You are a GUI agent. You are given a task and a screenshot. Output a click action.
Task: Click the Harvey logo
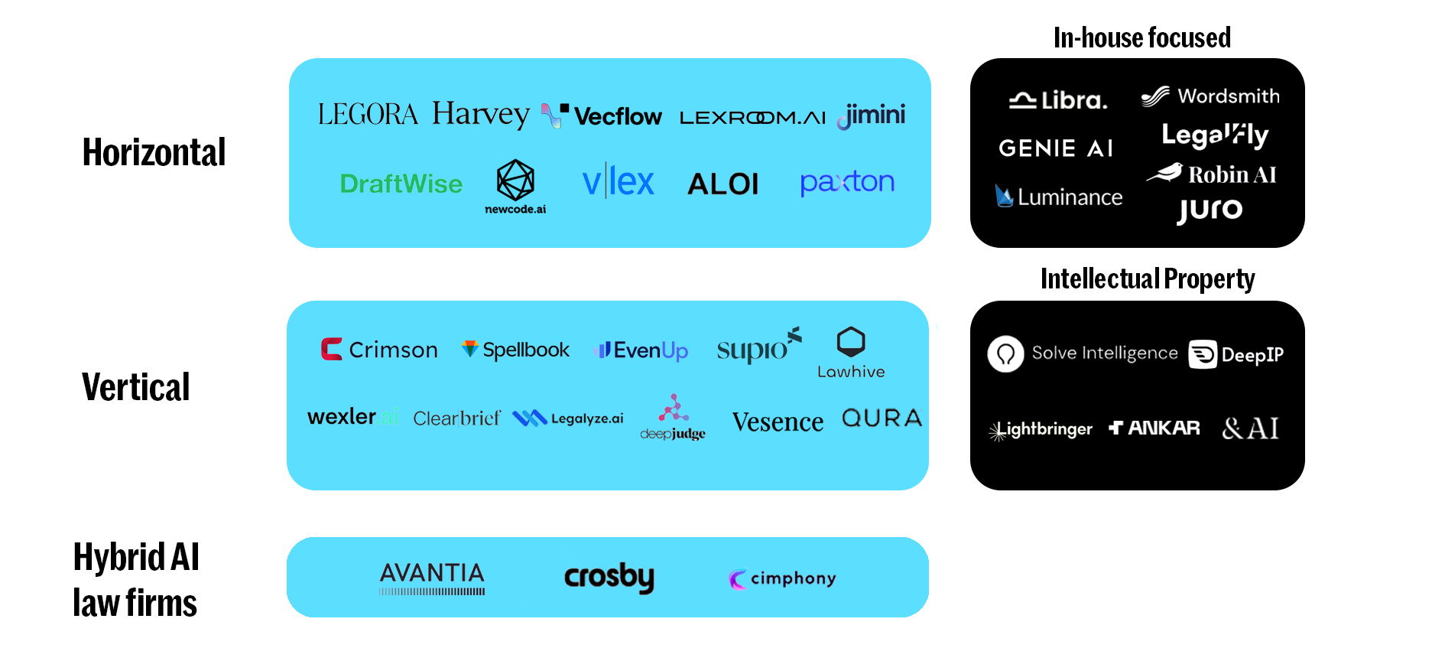(480, 114)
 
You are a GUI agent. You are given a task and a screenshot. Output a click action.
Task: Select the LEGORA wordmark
(368, 115)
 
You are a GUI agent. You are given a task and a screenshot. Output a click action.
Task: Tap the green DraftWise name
(401, 184)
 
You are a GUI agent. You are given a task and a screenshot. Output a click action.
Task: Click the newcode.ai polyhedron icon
(515, 180)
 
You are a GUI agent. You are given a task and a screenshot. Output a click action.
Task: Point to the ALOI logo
(722, 184)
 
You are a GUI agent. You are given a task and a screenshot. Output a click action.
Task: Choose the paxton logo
(846, 182)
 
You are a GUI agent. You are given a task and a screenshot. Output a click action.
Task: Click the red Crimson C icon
(331, 349)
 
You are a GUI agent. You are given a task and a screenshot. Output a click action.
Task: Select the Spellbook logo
(515, 350)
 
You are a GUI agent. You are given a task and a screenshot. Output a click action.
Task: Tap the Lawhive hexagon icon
(850, 342)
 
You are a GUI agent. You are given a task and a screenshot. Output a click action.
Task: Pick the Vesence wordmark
(778, 422)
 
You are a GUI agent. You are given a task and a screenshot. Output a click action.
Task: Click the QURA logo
(882, 418)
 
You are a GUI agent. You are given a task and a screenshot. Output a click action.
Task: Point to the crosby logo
(609, 577)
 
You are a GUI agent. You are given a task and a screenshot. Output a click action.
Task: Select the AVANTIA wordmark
(432, 573)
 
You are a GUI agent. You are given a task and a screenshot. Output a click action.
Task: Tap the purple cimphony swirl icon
(737, 579)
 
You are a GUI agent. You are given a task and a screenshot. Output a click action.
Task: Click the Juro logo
(1210, 210)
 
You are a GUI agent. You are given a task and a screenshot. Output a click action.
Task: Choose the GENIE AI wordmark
(1055, 148)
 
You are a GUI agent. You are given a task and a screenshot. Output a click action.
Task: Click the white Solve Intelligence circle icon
(1005, 354)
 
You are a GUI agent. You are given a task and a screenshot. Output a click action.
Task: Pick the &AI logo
(1250, 428)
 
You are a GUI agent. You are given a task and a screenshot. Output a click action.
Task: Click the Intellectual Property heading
(1147, 279)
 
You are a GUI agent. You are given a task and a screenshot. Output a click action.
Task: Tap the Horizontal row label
(154, 152)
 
